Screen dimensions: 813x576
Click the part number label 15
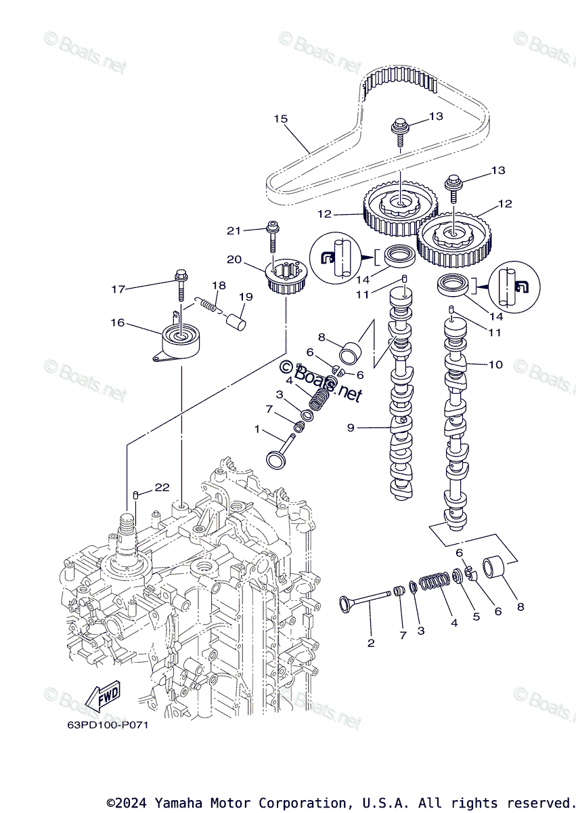tap(280, 119)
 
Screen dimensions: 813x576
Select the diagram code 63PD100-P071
tap(108, 725)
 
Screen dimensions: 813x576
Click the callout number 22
tap(162, 487)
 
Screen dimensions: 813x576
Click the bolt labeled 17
tap(181, 285)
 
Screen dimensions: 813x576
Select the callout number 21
tap(234, 231)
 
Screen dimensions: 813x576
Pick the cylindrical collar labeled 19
tap(236, 318)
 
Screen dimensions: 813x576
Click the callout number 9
tap(351, 428)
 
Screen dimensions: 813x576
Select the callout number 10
tap(495, 364)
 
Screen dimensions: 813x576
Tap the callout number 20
tap(234, 259)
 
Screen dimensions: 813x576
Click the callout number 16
tap(118, 322)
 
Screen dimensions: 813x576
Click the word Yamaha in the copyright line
tap(178, 804)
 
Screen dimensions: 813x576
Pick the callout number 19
tap(245, 296)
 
